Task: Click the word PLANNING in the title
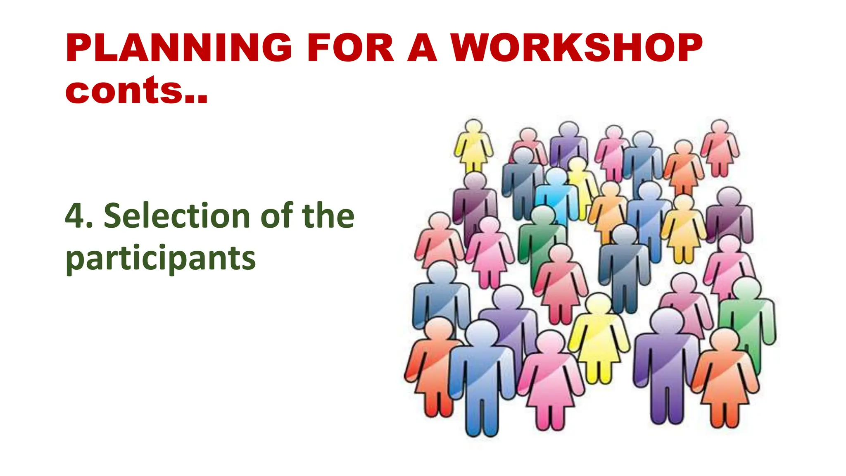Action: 178,48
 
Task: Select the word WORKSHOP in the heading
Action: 576,48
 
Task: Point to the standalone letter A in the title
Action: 422,48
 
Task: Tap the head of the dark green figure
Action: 542,215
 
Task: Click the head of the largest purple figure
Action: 666,320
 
